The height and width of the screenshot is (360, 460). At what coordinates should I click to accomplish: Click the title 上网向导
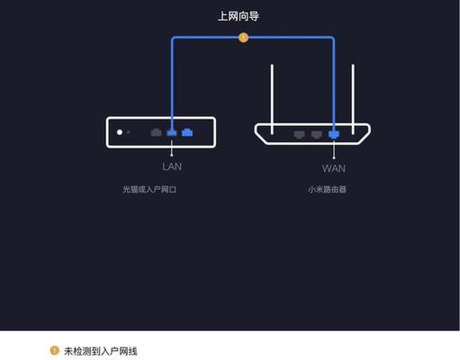[x=239, y=16]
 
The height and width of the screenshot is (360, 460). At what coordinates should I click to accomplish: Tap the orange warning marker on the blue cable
[x=243, y=38]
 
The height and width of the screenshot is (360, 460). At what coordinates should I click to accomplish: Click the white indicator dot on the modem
[x=120, y=132]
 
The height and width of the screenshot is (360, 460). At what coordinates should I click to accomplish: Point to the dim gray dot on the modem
[x=128, y=132]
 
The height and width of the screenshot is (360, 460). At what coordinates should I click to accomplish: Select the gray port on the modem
[x=157, y=132]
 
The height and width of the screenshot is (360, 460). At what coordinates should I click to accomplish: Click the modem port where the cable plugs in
[x=172, y=132]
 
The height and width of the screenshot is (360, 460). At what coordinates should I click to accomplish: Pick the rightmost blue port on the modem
[x=187, y=132]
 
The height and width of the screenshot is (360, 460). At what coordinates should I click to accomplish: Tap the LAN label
[x=172, y=166]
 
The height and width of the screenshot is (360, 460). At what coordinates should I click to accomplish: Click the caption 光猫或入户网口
[x=149, y=189]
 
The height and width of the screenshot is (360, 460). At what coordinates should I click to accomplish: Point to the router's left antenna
[x=272, y=99]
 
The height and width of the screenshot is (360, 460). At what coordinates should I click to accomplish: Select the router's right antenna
[x=353, y=99]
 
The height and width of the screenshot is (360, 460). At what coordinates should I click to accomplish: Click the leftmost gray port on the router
[x=299, y=134]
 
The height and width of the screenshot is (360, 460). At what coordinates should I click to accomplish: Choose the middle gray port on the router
[x=316, y=134]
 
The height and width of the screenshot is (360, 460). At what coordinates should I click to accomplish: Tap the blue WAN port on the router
[x=334, y=134]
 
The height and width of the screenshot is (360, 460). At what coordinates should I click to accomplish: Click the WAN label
[x=334, y=168]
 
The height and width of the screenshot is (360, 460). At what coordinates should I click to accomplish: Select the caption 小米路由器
[x=327, y=189]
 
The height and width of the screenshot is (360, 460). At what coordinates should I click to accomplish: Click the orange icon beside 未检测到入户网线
[x=54, y=350]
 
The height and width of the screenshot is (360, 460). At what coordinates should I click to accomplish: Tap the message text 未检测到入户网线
[x=101, y=351]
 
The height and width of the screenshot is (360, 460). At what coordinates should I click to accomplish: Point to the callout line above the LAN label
[x=172, y=148]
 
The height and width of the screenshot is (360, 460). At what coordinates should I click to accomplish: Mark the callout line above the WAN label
[x=334, y=149]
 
